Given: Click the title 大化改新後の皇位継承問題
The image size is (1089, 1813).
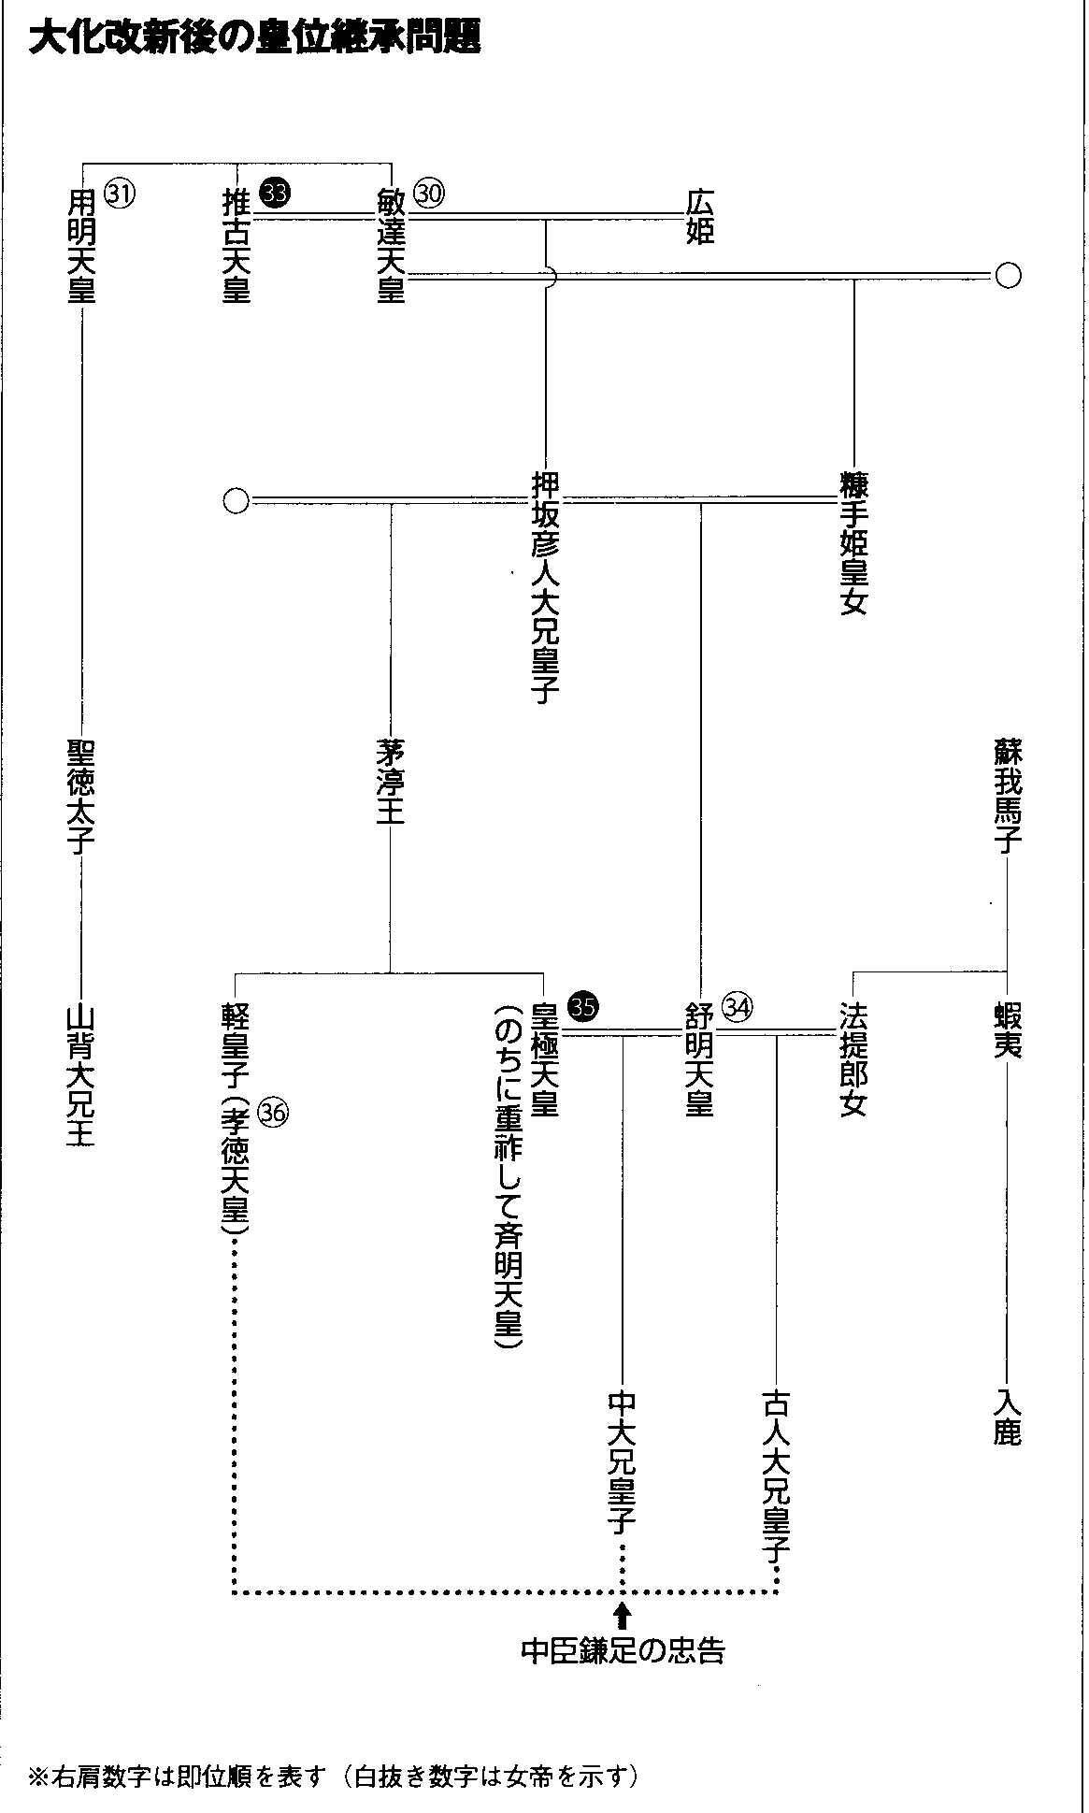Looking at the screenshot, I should (x=254, y=39).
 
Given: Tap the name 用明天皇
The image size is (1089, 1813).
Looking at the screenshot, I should (x=82, y=245).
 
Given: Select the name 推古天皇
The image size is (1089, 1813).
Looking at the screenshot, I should (x=236, y=245).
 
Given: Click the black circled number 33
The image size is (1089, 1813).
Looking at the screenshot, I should (x=277, y=193).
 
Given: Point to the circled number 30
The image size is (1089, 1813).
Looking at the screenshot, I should (x=430, y=193).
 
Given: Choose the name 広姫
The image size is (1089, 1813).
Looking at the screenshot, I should (x=700, y=217).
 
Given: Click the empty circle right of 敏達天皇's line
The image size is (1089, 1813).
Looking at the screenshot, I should (x=1008, y=276).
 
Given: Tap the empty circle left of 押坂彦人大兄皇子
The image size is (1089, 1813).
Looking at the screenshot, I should (x=236, y=501).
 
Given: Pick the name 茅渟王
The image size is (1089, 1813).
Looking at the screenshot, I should (x=390, y=783).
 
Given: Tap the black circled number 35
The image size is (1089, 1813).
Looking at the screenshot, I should (x=584, y=1006).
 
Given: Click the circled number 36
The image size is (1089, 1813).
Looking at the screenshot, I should (x=276, y=1112).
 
